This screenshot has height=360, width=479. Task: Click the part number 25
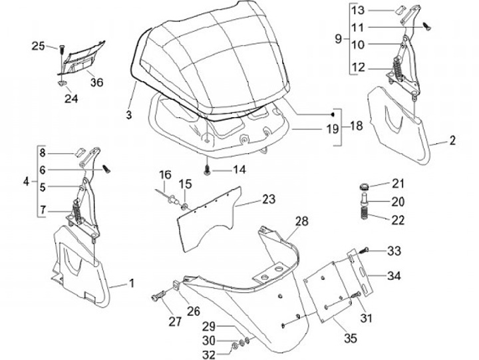[39, 46]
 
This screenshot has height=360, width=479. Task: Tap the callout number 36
[96, 82]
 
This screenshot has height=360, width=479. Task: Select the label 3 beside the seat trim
[129, 114]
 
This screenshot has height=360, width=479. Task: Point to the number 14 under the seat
[239, 170]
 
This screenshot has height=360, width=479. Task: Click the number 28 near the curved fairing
[301, 222]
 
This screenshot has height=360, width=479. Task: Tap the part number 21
[398, 184]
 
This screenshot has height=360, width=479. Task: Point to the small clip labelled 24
[61, 83]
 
